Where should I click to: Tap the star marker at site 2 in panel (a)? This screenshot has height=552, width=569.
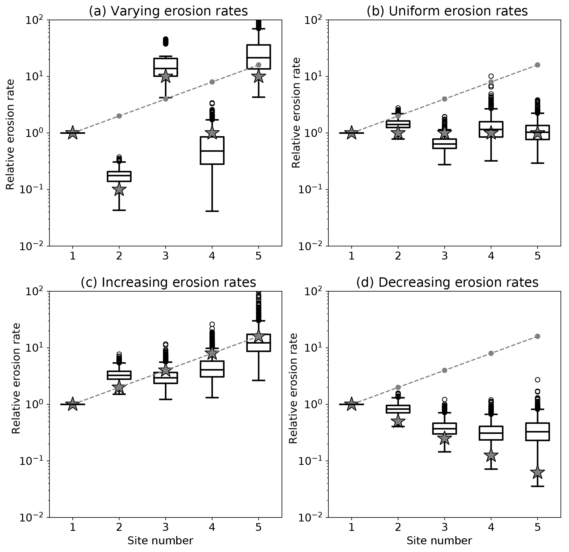pyautogui.click(x=119, y=190)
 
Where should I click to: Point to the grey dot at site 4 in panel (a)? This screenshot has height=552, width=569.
pyautogui.click(x=212, y=82)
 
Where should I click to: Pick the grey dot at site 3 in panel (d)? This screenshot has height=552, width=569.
pyautogui.click(x=445, y=370)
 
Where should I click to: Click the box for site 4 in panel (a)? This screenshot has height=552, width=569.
pyautogui.click(x=212, y=150)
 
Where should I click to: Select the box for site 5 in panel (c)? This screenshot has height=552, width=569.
pyautogui.click(x=258, y=343)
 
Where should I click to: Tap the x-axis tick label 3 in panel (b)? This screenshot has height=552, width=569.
pyautogui.click(x=445, y=256)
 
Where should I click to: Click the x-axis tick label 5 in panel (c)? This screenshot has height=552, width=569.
pyautogui.click(x=258, y=527)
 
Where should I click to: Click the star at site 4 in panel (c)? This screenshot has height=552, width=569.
pyautogui.click(x=212, y=353)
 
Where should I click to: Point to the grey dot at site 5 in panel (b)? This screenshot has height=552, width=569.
pyautogui.click(x=537, y=65)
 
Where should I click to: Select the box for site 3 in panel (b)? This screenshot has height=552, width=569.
pyautogui.click(x=445, y=144)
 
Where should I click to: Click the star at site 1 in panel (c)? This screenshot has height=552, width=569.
pyautogui.click(x=73, y=404)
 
